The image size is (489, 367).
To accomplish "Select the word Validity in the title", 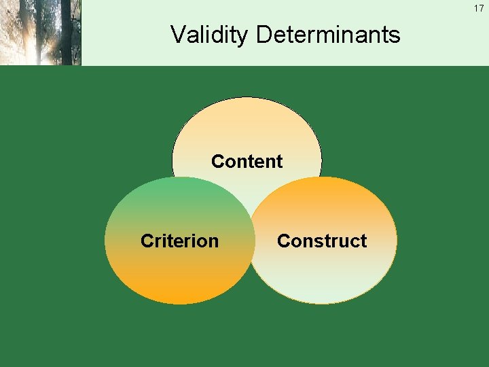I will point(209,34).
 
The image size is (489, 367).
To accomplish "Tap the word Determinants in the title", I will point(328,34).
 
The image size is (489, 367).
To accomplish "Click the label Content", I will point(247,162).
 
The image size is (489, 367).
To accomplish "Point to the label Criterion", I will point(179,241).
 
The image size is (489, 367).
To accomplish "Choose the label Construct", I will point(322,241).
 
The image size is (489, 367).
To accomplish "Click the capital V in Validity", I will point(177,34).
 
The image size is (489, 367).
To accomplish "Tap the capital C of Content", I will point(218,162).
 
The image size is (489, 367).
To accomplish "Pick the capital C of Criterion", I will point(147,241).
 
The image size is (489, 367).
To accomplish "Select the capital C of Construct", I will point(284,241).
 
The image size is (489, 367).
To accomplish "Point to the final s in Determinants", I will point(395,35).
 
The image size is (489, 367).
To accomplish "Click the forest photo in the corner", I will point(41,33).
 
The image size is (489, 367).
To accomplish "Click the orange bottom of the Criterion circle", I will point(179,289).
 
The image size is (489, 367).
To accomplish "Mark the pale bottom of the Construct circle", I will point(322,289).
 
